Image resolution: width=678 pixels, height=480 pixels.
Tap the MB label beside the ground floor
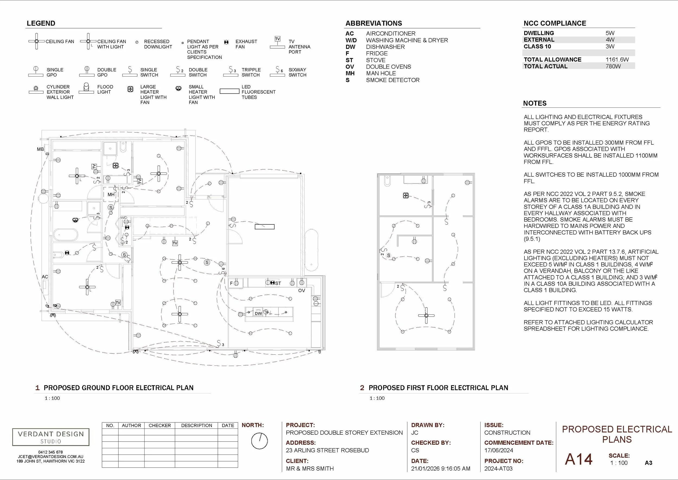(x=40, y=149)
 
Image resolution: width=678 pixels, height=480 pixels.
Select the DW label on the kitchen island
(x=258, y=313)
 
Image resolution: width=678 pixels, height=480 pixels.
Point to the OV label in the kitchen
(x=301, y=291)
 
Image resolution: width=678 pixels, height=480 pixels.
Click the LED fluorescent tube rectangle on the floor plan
(x=264, y=227)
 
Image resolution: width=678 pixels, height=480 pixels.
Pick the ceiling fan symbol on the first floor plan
(x=426, y=315)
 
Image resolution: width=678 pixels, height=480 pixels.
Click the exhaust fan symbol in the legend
(x=226, y=42)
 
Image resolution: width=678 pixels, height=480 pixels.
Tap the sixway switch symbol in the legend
(x=278, y=70)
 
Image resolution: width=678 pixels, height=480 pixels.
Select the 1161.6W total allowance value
(x=617, y=60)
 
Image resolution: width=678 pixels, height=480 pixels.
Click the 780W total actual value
(x=613, y=66)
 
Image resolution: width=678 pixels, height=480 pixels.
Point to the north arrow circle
(x=259, y=441)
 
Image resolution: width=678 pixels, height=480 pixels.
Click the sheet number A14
(x=578, y=459)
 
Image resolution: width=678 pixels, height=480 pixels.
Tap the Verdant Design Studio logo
(x=51, y=437)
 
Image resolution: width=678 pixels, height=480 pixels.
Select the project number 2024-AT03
(x=498, y=469)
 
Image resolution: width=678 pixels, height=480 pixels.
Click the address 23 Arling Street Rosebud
(x=327, y=450)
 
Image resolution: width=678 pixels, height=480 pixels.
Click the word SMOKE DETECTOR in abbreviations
(x=393, y=80)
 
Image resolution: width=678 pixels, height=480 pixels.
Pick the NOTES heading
(x=535, y=103)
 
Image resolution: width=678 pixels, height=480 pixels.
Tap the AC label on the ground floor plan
(x=44, y=277)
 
